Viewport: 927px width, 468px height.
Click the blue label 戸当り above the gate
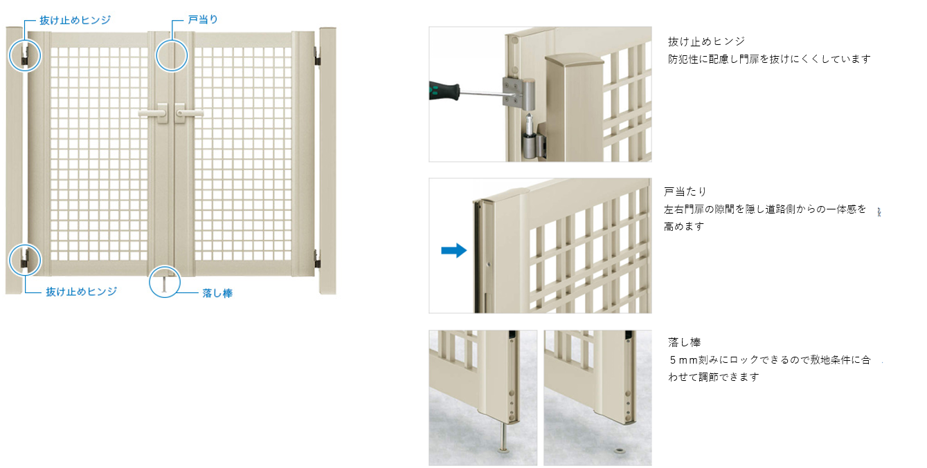203,19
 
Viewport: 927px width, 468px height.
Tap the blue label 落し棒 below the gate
217,293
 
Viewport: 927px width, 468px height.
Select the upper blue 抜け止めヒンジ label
75,20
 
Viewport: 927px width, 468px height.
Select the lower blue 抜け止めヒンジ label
82,292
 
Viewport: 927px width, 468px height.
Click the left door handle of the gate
154,113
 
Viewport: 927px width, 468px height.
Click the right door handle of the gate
189,113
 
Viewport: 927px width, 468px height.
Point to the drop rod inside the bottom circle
164,285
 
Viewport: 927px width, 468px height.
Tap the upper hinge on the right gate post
317,56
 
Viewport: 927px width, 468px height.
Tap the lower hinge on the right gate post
317,259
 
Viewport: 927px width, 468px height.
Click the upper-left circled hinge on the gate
25,56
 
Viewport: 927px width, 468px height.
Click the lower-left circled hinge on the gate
25,260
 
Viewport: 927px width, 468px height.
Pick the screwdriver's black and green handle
444,91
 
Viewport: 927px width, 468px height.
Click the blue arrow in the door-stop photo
454,250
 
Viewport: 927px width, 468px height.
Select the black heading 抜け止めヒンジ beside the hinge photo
706,41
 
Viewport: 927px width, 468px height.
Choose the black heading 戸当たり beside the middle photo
685,191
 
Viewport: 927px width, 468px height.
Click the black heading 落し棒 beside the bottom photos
684,342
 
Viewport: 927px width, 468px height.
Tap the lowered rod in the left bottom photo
504,437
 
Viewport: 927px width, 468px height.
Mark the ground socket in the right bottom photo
620,449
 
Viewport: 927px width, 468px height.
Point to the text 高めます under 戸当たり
684,226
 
